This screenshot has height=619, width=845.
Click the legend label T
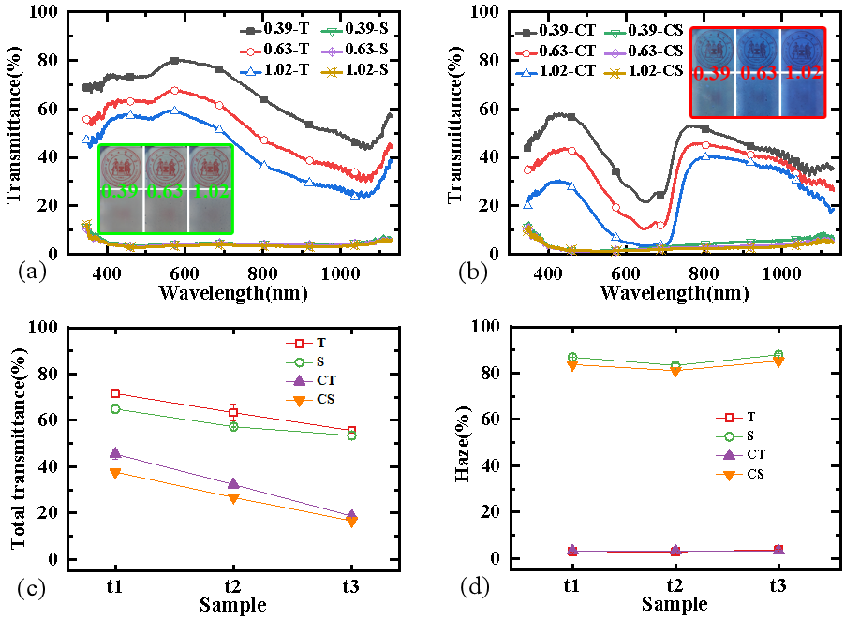[x=321, y=344]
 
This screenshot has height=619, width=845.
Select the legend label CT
[x=326, y=381]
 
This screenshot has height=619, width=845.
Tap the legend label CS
[x=326, y=400]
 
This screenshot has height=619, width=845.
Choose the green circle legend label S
[x=321, y=362]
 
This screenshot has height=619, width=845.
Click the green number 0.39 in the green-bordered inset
[x=120, y=191]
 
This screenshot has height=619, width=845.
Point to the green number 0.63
[x=166, y=191]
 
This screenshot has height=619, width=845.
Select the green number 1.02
[x=211, y=191]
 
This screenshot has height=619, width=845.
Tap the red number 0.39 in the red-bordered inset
[x=713, y=73]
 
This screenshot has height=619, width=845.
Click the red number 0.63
[x=758, y=73]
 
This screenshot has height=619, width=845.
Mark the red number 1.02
[x=803, y=73]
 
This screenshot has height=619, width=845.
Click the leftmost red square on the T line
[x=115, y=393]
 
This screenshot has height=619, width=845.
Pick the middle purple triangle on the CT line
[x=233, y=483]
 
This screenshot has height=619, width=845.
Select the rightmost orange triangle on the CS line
[x=351, y=523]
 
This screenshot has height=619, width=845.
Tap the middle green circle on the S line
[x=233, y=426]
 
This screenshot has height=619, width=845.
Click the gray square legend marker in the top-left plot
[x=250, y=32]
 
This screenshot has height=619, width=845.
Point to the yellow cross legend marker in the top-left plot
[x=332, y=72]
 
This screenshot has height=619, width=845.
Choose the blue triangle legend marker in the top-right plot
[x=526, y=72]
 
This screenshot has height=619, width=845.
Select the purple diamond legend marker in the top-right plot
[x=615, y=52]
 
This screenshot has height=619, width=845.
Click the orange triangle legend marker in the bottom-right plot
[x=729, y=476]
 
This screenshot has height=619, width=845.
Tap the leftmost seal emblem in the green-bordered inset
[x=120, y=166]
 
